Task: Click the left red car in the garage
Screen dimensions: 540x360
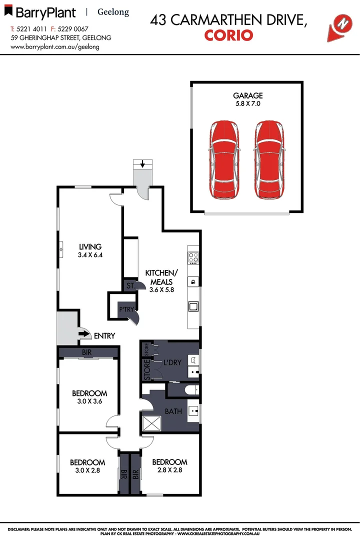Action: [x=223, y=159]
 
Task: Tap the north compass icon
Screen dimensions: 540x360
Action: [x=342, y=23]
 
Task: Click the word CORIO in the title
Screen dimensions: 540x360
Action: [x=229, y=35]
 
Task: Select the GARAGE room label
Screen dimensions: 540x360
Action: [x=247, y=95]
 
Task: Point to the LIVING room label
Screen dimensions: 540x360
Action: [x=90, y=246]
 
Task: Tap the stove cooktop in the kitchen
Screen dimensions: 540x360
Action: [x=193, y=258]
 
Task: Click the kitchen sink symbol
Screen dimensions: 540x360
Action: [x=193, y=306]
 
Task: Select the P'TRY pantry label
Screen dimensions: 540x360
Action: [x=126, y=309]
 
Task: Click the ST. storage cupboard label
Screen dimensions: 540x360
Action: [x=129, y=286]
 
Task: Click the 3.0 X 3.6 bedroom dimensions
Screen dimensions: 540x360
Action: [x=89, y=401]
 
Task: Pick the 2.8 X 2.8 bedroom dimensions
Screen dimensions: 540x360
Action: [x=169, y=470]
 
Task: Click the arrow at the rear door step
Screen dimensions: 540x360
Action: [x=143, y=163]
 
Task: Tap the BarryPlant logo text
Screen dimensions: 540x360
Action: [x=45, y=12]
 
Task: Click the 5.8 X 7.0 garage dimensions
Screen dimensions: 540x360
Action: [x=247, y=104]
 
